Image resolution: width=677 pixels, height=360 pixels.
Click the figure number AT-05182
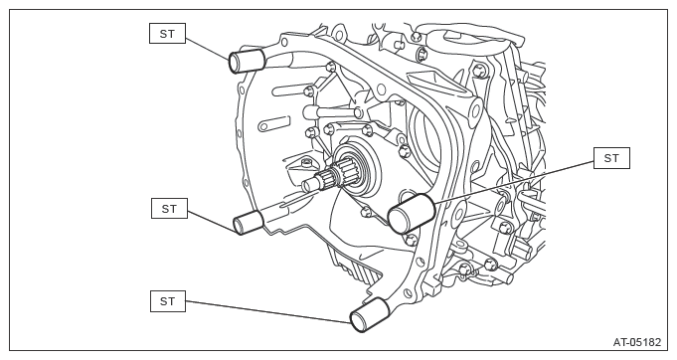(637, 342)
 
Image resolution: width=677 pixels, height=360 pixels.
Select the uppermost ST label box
(168, 34)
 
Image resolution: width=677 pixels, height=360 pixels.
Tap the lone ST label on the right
(611, 158)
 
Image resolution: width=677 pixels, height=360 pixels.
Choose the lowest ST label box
(168, 301)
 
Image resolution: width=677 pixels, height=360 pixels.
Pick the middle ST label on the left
(169, 209)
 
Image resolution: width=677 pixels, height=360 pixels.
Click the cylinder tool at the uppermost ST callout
(247, 62)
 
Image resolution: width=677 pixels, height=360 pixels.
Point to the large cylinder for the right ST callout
(411, 213)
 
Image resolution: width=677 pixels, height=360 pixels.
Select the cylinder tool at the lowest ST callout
(370, 315)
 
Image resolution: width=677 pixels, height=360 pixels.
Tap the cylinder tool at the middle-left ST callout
(249, 222)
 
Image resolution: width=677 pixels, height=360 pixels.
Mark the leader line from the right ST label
(514, 182)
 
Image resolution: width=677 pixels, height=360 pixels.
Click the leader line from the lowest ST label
(268, 311)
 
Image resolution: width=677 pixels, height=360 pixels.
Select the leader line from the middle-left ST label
(212, 222)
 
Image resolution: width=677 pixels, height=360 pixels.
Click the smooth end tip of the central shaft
(308, 186)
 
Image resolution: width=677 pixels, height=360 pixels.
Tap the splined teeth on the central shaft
(335, 173)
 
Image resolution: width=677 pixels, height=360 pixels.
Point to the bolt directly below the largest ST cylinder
(412, 239)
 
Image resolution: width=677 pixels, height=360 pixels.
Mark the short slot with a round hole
(273, 123)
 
